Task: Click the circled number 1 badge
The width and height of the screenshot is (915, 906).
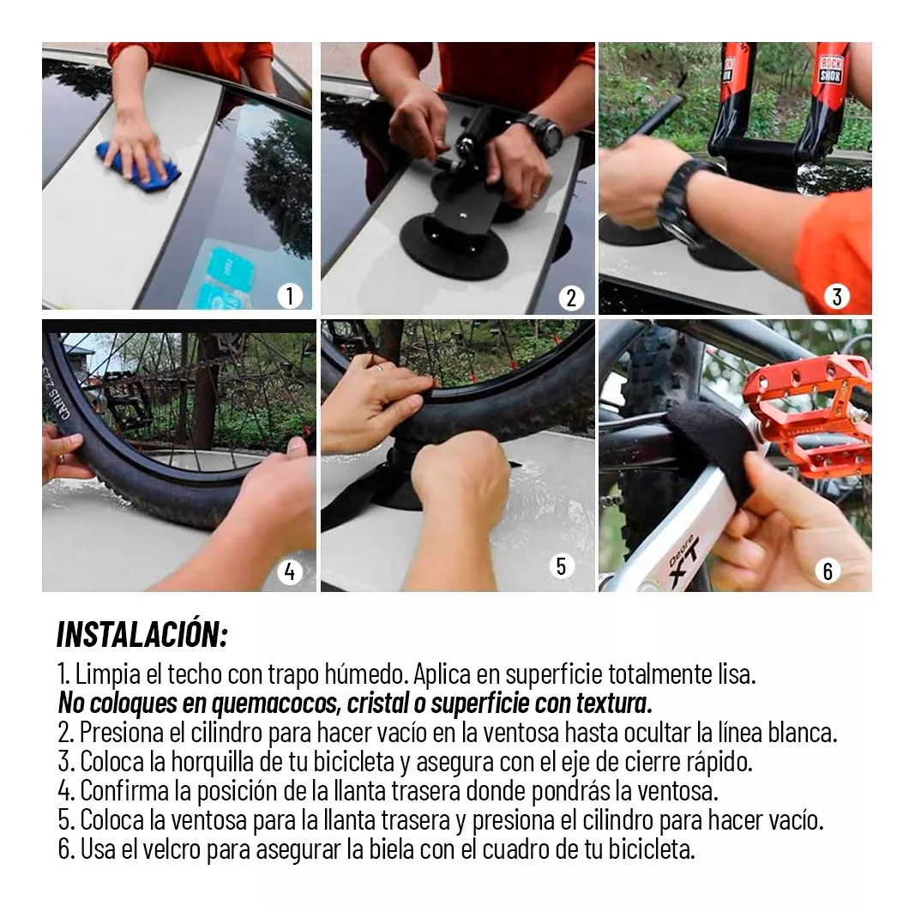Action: tap(290, 296)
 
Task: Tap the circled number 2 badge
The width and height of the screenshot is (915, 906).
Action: tap(571, 298)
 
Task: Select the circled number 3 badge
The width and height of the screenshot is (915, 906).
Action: tap(837, 297)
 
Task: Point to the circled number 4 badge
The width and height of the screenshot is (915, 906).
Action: tap(290, 572)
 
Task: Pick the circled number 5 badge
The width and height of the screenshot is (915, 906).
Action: tap(561, 565)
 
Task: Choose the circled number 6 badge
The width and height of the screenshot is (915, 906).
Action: tap(828, 571)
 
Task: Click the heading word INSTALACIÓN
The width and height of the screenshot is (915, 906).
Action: tap(141, 634)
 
